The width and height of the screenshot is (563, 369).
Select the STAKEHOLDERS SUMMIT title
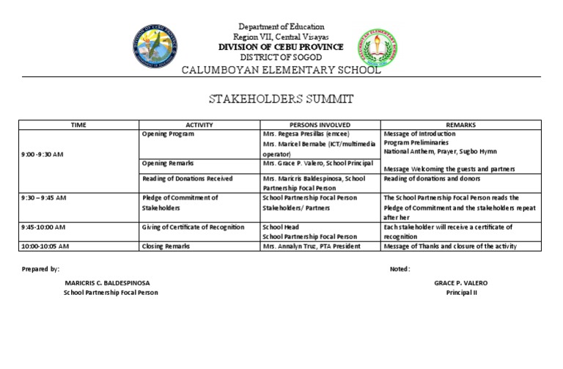(x=281, y=98)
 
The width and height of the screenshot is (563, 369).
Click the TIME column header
(x=78, y=125)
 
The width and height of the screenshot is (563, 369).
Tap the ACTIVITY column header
(x=199, y=125)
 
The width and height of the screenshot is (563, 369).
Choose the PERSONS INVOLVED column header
(x=320, y=125)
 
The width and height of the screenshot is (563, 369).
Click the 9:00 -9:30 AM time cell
(x=43, y=154)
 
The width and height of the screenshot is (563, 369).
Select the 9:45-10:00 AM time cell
(x=43, y=227)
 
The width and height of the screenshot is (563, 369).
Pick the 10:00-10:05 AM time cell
(x=45, y=246)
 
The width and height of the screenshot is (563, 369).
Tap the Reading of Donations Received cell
(x=187, y=178)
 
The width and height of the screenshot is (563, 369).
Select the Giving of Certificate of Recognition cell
(x=193, y=227)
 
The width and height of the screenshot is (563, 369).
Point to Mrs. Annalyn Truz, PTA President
(x=311, y=246)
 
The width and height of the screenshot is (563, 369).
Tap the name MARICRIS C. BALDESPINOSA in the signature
(x=111, y=283)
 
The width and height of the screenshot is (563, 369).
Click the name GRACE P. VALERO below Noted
(x=460, y=283)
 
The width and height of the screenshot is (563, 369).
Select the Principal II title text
(x=461, y=293)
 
